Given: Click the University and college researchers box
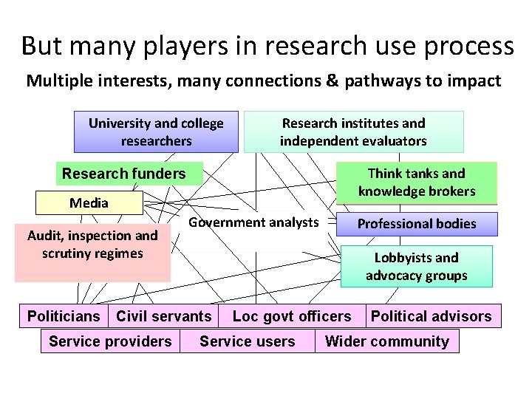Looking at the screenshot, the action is [x=156, y=132].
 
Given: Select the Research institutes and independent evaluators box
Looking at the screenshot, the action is [x=353, y=132].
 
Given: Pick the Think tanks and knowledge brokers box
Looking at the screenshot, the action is [x=417, y=183].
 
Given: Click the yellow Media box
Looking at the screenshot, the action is [x=89, y=202].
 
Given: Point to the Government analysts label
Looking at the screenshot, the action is [x=253, y=222].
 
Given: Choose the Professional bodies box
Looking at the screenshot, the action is [x=417, y=224].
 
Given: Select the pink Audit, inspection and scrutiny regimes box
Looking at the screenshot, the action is [x=92, y=253].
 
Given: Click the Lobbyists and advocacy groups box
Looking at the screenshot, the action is [x=416, y=267].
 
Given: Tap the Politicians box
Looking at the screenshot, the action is [x=64, y=316].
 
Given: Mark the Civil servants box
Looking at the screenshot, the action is [x=164, y=316].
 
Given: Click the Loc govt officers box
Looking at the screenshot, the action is [x=292, y=316].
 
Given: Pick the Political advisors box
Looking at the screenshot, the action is [x=432, y=316].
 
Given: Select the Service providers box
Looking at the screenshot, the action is [x=110, y=341].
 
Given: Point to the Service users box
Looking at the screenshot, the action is [x=248, y=341].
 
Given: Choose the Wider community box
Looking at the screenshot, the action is [x=387, y=341].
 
